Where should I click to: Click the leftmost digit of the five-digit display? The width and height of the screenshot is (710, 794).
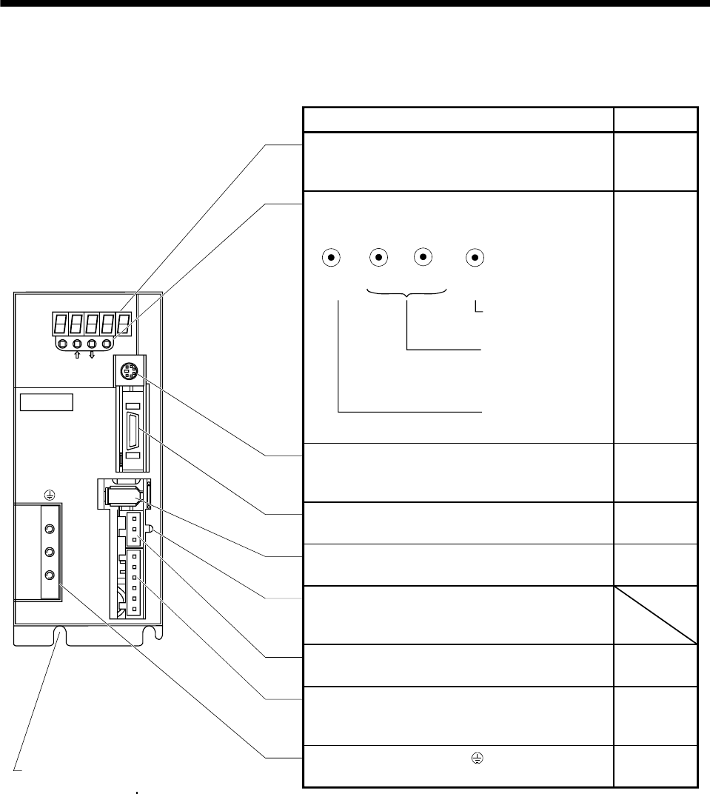click(61, 324)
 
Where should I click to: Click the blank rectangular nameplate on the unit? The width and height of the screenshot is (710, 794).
click(47, 402)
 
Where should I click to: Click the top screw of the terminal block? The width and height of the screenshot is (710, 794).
click(50, 530)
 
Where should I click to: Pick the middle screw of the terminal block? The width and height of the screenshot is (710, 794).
click(50, 553)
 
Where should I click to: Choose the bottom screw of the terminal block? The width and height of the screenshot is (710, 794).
click(50, 575)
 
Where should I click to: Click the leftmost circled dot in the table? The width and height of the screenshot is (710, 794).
click(332, 258)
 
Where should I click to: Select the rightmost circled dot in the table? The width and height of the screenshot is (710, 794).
click(475, 258)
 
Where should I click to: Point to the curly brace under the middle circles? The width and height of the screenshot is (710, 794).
click(407, 295)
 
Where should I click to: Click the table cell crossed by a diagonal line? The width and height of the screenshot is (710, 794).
click(655, 615)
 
